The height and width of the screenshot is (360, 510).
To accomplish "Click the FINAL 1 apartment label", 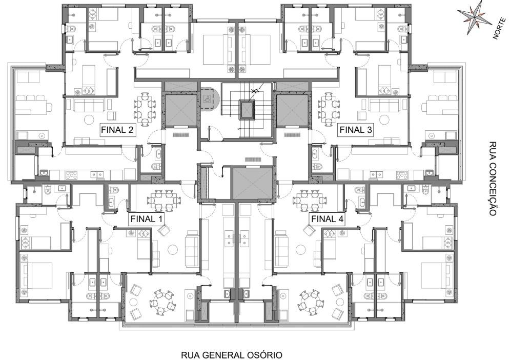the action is tap(146, 219).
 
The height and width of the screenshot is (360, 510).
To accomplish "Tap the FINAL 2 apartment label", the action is tap(117, 130).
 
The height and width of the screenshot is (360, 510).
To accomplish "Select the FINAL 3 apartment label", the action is tap(356, 130).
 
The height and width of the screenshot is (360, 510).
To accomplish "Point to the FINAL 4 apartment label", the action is tap(327, 219).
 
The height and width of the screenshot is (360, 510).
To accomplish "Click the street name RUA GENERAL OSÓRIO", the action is tap(232, 354).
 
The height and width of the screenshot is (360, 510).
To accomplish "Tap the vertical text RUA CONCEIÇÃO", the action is tap(493, 178).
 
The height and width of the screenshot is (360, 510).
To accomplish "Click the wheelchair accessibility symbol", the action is tap(206, 97).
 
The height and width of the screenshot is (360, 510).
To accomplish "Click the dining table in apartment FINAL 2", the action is tap(145, 109).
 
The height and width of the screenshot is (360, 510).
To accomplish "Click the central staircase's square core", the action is tap(246, 109).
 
